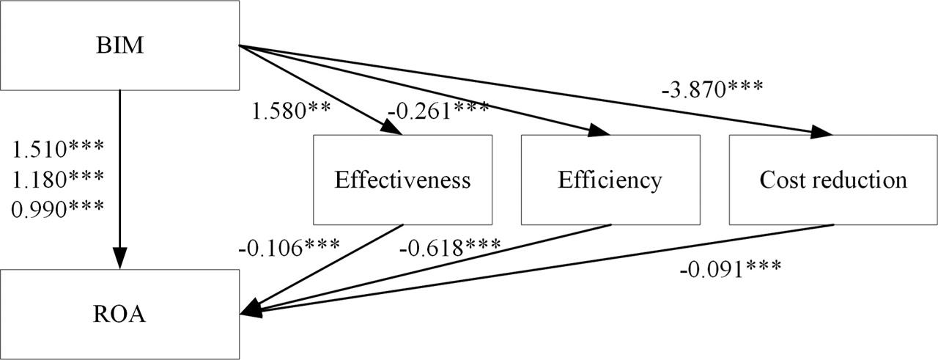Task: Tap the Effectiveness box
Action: [x=402, y=180]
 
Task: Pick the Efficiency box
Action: [x=610, y=180]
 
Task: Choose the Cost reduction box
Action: [x=833, y=180]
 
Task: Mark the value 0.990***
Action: [x=59, y=209]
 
